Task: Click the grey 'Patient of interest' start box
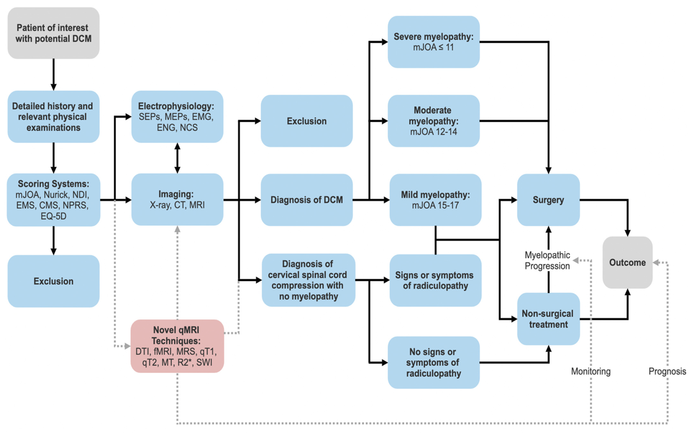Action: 53,33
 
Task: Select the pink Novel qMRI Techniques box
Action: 177,346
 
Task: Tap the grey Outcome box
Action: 627,262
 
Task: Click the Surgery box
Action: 548,200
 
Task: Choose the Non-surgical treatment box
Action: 548,319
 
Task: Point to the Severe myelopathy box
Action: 434,42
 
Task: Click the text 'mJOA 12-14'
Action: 434,132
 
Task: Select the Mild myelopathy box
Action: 435,200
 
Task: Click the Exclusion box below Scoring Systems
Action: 53,281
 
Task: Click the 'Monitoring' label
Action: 591,371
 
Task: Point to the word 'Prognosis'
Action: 667,371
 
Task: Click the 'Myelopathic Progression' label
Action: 547,260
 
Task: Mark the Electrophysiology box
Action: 177,116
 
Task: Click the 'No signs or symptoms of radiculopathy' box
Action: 434,363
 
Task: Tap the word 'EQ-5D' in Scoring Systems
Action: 53,216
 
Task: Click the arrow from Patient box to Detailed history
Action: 53,75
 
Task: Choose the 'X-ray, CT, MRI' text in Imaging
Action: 177,205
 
